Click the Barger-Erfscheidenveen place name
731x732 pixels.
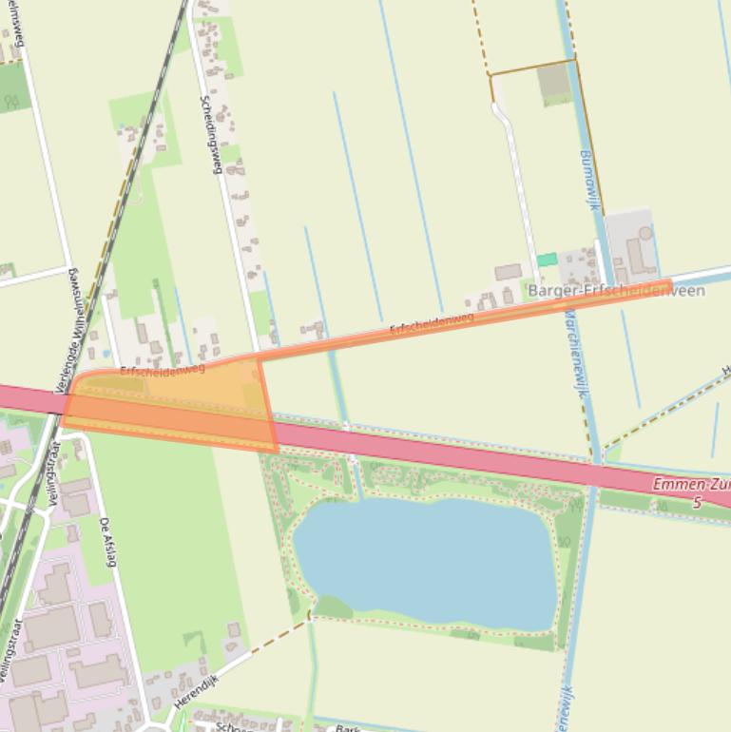click(x=616, y=291)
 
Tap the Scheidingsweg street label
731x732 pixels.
click(x=210, y=134)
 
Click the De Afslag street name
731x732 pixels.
click(x=107, y=542)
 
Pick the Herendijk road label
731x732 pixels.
click(x=196, y=692)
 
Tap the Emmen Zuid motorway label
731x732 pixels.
click(x=690, y=485)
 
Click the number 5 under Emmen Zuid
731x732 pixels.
click(x=697, y=501)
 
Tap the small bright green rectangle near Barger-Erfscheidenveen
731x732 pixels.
click(x=547, y=260)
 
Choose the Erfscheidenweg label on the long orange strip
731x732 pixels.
click(x=432, y=323)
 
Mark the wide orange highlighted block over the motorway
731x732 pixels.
click(x=171, y=404)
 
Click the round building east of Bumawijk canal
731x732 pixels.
click(x=646, y=233)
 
